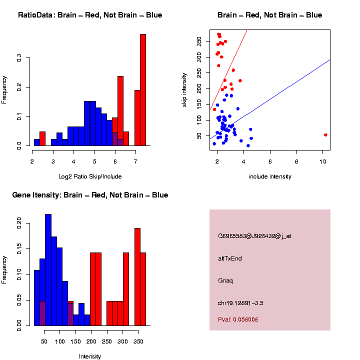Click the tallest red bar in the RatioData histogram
[143, 90]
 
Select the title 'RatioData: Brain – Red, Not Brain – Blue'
[90, 15]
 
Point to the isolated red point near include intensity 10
[325, 135]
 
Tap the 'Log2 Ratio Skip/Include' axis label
[90, 176]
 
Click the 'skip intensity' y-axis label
[184, 89]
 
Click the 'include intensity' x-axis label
[270, 176]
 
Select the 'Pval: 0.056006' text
[238, 319]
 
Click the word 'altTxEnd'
[230, 258]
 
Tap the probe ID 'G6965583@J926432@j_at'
[254, 236]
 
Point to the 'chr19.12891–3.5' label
[240, 303]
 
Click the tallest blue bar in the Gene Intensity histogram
[48, 270]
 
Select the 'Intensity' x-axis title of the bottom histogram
[90, 356]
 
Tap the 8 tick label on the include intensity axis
[296, 161]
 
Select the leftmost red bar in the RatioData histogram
[42, 138]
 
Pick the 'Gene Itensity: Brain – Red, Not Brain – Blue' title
[90, 195]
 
